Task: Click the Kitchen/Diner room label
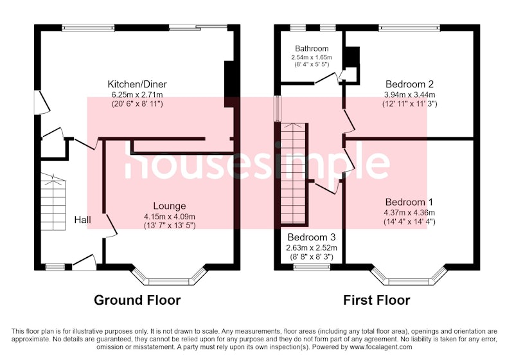point(137,84)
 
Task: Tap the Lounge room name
point(170,206)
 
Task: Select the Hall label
point(83,220)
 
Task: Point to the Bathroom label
point(312,48)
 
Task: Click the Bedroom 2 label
point(409,84)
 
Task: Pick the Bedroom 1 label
point(409,202)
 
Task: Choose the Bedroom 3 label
point(312,237)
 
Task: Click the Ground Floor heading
point(137,300)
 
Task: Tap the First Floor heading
point(377,300)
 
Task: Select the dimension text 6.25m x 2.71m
point(137,95)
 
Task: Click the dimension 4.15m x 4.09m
point(170,217)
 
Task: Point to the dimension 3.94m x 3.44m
point(410,95)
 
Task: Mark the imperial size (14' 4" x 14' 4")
point(409,222)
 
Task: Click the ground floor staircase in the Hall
point(53,202)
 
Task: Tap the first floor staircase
point(294,174)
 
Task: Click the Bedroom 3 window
point(312,267)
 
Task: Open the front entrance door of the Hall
point(84,262)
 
